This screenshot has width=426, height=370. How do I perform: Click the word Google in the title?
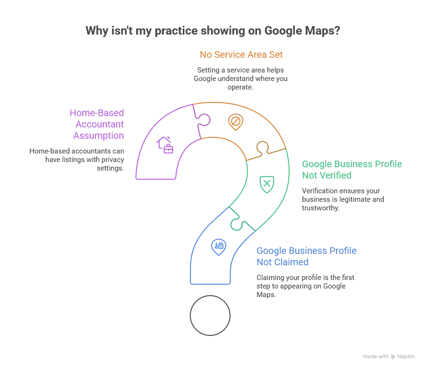tap(283, 31)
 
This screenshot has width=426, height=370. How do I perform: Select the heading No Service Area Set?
tap(241, 54)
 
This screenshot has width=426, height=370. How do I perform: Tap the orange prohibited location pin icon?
tap(236, 122)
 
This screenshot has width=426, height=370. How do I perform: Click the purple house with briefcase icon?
tap(165, 145)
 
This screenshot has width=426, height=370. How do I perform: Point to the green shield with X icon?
tap(267, 184)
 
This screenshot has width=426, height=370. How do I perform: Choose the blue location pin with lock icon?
tap(219, 247)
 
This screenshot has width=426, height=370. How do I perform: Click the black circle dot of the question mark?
tap(210, 316)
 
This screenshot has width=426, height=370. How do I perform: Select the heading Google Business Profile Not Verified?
tap(352, 170)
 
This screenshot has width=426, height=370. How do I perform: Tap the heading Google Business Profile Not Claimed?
tap(306, 256)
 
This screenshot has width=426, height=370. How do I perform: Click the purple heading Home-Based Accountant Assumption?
tap(97, 124)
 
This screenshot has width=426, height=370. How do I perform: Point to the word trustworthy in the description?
tap(320, 208)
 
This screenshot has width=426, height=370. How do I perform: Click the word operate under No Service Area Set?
tap(240, 87)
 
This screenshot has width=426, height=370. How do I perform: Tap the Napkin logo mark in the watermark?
tap(393, 356)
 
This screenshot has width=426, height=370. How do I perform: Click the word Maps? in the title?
tap(322, 31)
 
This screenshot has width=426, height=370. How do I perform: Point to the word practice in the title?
tap(176, 31)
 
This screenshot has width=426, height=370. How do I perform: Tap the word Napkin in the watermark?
tap(406, 356)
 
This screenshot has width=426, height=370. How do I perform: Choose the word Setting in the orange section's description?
tap(208, 70)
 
